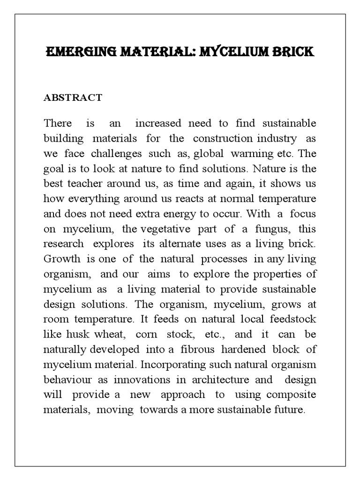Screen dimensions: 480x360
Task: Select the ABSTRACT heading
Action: click(73, 97)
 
